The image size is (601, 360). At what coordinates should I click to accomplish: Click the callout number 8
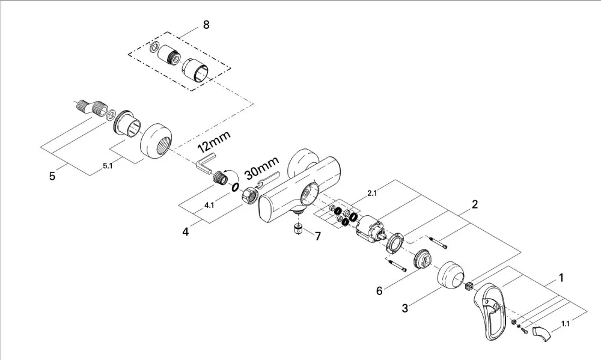pos(206,25)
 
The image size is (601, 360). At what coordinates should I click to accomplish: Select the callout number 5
pos(52,176)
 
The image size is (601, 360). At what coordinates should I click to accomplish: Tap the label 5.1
pos(108,166)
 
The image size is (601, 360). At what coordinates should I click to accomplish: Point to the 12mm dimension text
pos(214,141)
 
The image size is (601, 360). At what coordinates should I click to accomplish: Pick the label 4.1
pos(209,205)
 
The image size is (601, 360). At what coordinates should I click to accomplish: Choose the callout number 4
pos(186,232)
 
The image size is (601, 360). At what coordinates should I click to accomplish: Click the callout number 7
pos(318,236)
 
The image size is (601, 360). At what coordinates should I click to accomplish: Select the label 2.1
pos(372,194)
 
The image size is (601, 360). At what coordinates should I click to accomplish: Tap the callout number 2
pos(475,204)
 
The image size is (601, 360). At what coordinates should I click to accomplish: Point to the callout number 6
pos(379,291)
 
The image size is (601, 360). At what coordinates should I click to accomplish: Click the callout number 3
pos(404,308)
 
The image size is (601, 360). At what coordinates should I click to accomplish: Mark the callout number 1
pos(561,278)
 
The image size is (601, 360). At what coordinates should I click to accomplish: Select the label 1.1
pos(566,323)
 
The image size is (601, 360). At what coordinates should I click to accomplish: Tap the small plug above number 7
pos(298,229)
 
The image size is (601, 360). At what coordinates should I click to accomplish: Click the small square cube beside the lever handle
pos(469,286)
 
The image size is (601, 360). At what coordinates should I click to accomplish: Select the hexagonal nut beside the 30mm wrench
pos(249,194)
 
